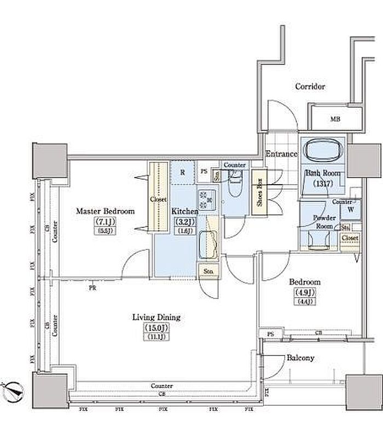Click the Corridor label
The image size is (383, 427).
[x=310, y=87]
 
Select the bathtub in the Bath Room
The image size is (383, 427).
[x=322, y=150]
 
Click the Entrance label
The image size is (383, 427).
[x=281, y=154]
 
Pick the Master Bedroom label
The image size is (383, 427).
[x=105, y=210]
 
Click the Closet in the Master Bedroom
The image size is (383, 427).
[x=158, y=200]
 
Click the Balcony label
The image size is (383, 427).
[x=300, y=358]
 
